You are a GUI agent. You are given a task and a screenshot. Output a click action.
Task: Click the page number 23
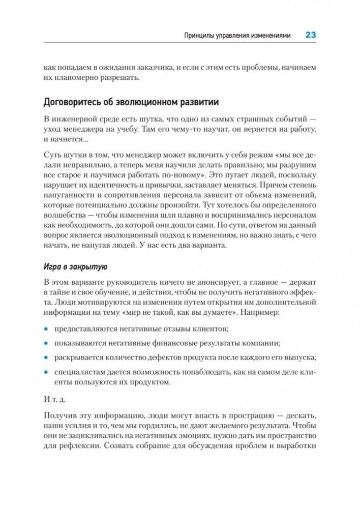click(x=310, y=35)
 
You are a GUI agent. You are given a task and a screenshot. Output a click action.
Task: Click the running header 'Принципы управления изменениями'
click(x=237, y=36)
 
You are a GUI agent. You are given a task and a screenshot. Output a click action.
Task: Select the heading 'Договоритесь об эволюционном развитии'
click(x=132, y=102)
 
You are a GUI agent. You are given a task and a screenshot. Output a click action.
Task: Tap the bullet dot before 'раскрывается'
click(x=47, y=358)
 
